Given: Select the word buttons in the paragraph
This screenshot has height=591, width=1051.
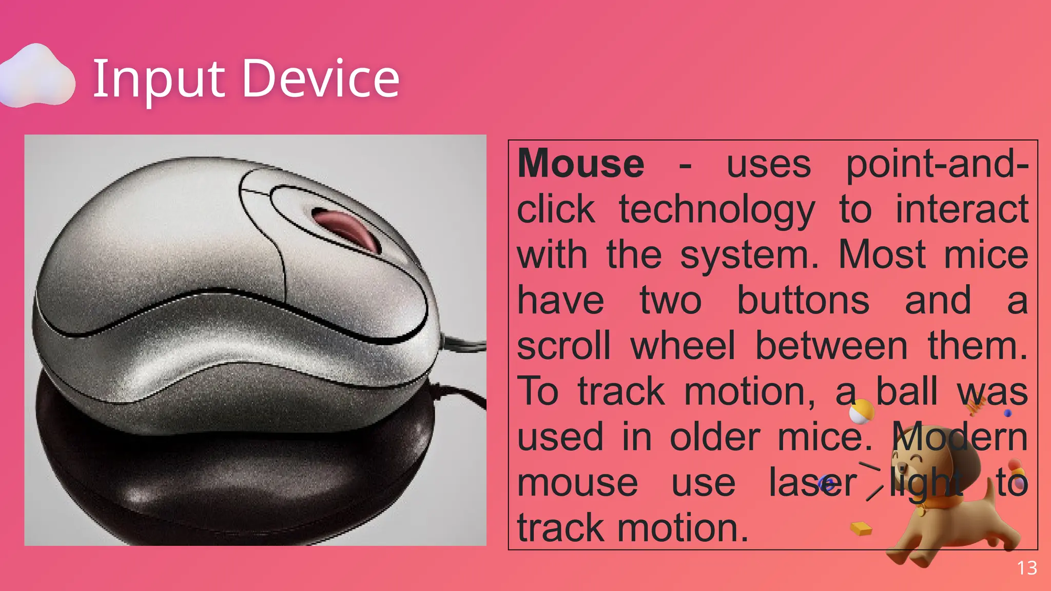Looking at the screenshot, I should tap(803, 301).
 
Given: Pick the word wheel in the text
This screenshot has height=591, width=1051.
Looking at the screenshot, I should tap(683, 346).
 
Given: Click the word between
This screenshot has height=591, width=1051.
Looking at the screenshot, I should tap(831, 346).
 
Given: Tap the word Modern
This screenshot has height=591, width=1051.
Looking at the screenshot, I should tap(960, 437).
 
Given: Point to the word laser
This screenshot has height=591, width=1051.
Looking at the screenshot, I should tap(812, 483).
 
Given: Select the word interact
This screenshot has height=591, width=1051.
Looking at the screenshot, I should tap(962, 210).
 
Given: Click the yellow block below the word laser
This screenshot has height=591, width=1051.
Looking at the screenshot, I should tap(861, 528).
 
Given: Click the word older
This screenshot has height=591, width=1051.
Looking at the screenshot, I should tap(715, 437).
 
